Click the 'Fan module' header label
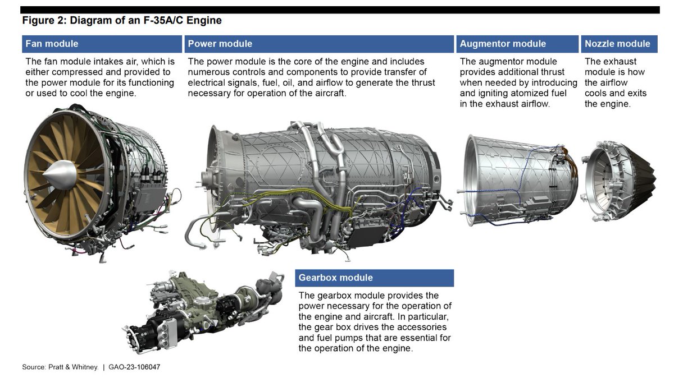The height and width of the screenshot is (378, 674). (52, 44)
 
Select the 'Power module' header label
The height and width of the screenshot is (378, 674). (220, 44)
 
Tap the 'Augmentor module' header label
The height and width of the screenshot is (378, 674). (502, 44)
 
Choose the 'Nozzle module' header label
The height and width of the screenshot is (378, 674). (617, 44)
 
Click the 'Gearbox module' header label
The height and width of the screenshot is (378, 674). (335, 278)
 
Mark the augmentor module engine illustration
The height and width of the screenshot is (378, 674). (514, 179)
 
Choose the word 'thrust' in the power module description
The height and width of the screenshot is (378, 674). (422, 82)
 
